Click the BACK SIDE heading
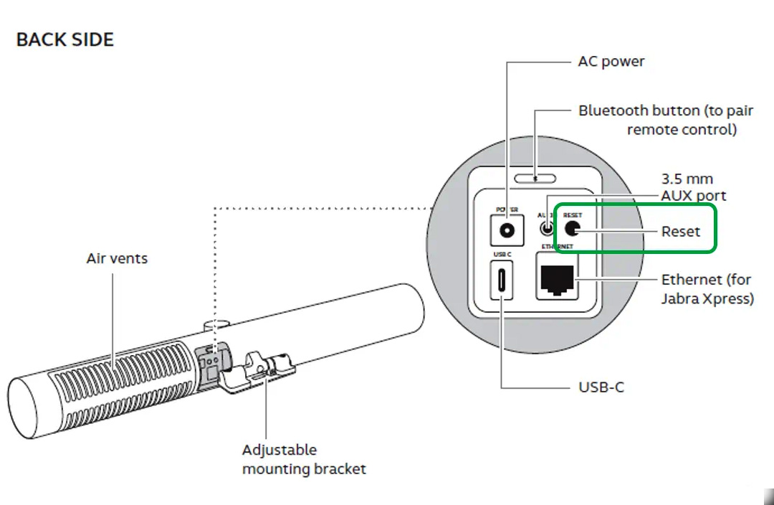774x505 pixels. click(64, 39)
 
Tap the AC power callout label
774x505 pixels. click(611, 62)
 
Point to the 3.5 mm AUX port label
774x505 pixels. click(694, 187)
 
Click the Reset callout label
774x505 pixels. click(680, 232)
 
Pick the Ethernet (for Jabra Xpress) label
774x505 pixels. click(707, 288)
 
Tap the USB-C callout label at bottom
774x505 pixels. click(601, 387)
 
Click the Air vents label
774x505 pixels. click(117, 258)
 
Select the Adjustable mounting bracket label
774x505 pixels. click(304, 459)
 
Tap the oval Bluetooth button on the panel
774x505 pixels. click(535, 179)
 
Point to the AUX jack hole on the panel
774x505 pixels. click(547, 230)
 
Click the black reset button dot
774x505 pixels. click(573, 229)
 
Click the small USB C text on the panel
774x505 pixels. click(501, 255)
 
